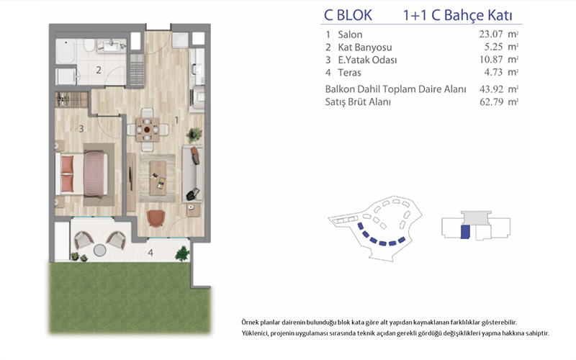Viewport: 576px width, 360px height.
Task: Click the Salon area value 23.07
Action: (491, 34)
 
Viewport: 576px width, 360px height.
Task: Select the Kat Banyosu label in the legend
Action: (365, 48)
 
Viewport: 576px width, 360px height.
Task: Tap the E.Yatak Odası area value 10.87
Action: (491, 60)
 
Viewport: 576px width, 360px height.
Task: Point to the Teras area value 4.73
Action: (493, 72)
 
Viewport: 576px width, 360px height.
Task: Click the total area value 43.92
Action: (491, 89)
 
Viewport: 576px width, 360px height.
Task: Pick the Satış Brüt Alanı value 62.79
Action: (491, 102)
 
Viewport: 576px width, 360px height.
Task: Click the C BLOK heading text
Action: (348, 15)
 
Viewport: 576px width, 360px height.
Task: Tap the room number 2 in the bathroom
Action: (99, 70)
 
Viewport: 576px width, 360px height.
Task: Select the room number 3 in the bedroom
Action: (81, 129)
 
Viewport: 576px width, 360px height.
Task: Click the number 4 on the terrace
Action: (150, 253)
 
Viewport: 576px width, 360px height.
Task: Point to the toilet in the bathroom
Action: (89, 45)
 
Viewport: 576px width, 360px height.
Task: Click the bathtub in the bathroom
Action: (66, 52)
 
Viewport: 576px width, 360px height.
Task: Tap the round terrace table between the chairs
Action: (99, 250)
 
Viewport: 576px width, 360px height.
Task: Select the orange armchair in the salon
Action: (156, 218)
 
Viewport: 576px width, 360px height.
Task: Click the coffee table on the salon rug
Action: (158, 179)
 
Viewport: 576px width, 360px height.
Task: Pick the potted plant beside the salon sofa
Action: (194, 135)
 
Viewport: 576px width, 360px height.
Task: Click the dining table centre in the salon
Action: (148, 130)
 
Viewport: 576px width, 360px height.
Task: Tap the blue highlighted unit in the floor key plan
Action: (465, 232)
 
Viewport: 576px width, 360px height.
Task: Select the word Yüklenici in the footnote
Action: (255, 333)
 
